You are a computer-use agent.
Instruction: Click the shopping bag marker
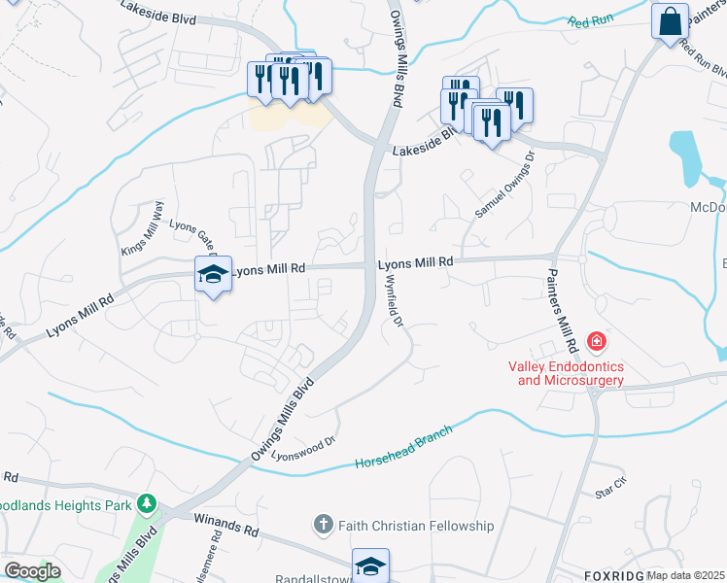[x=671, y=21]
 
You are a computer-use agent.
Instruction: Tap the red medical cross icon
[x=596, y=342]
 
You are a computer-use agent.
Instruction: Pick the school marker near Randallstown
[x=370, y=566]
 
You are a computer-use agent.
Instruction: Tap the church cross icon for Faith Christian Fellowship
[x=324, y=526]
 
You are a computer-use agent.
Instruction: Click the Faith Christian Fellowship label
[x=416, y=526]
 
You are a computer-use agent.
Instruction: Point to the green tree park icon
[x=146, y=503]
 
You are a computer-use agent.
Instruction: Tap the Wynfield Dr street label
[x=395, y=304]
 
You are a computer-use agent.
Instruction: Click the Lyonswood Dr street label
[x=303, y=445]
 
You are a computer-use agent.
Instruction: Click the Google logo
[x=32, y=570]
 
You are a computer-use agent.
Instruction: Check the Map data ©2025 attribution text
[x=685, y=575]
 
